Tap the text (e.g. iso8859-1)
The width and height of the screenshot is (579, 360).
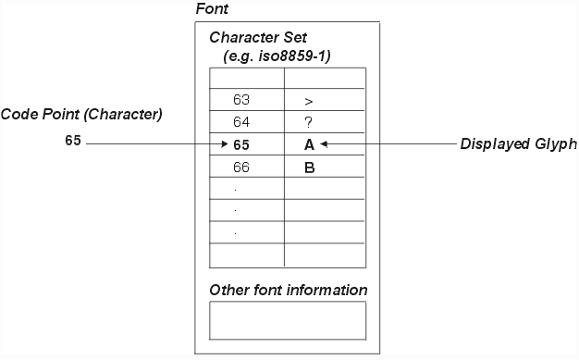tap(277, 56)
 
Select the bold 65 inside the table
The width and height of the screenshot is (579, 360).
tap(241, 145)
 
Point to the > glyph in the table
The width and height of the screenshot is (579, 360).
tap(309, 99)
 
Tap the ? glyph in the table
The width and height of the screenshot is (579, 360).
tap(309, 122)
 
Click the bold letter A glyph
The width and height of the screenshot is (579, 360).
tap(309, 145)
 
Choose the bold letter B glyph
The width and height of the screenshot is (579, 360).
tap(309, 168)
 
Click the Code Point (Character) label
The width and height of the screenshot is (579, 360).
tap(81, 115)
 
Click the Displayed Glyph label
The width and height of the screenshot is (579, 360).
tap(518, 144)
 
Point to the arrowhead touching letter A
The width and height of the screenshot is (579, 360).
tap(324, 144)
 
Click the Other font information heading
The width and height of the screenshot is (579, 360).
tap(288, 291)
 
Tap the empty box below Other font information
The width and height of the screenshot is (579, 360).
tap(288, 320)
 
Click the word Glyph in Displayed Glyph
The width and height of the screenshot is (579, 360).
tap(556, 144)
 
